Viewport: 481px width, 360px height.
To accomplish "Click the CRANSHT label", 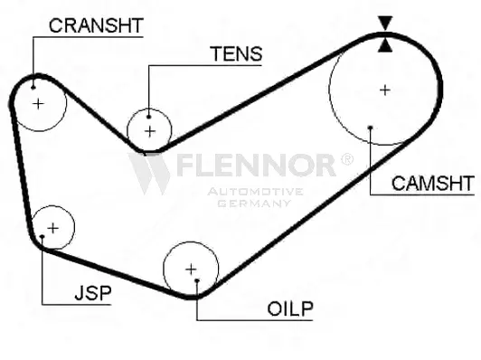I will click(96, 24).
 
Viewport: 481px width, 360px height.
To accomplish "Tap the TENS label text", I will click(236, 54).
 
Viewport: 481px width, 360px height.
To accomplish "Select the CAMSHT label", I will click(432, 184).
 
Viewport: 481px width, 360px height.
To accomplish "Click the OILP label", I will click(289, 309).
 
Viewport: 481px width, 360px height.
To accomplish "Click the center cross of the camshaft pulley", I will click(385, 90).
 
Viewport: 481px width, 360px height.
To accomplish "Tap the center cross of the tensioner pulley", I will click(150, 131).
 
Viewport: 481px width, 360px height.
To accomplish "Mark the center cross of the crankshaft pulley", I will click(38, 104).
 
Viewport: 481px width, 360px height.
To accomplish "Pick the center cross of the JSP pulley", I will click(52, 226).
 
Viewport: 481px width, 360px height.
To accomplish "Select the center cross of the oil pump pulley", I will click(191, 269).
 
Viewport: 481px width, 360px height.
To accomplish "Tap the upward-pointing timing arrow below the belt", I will click(386, 43).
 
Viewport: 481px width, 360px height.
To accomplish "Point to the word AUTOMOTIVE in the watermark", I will click(254, 192).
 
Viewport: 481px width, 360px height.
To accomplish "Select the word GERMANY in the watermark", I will click(254, 204).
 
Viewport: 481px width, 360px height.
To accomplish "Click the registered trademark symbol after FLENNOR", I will click(345, 159).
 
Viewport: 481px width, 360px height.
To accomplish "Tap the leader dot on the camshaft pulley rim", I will click(371, 128).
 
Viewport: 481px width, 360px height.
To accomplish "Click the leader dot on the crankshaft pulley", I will click(33, 87).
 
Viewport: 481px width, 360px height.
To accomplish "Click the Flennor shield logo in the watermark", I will click(150, 172).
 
